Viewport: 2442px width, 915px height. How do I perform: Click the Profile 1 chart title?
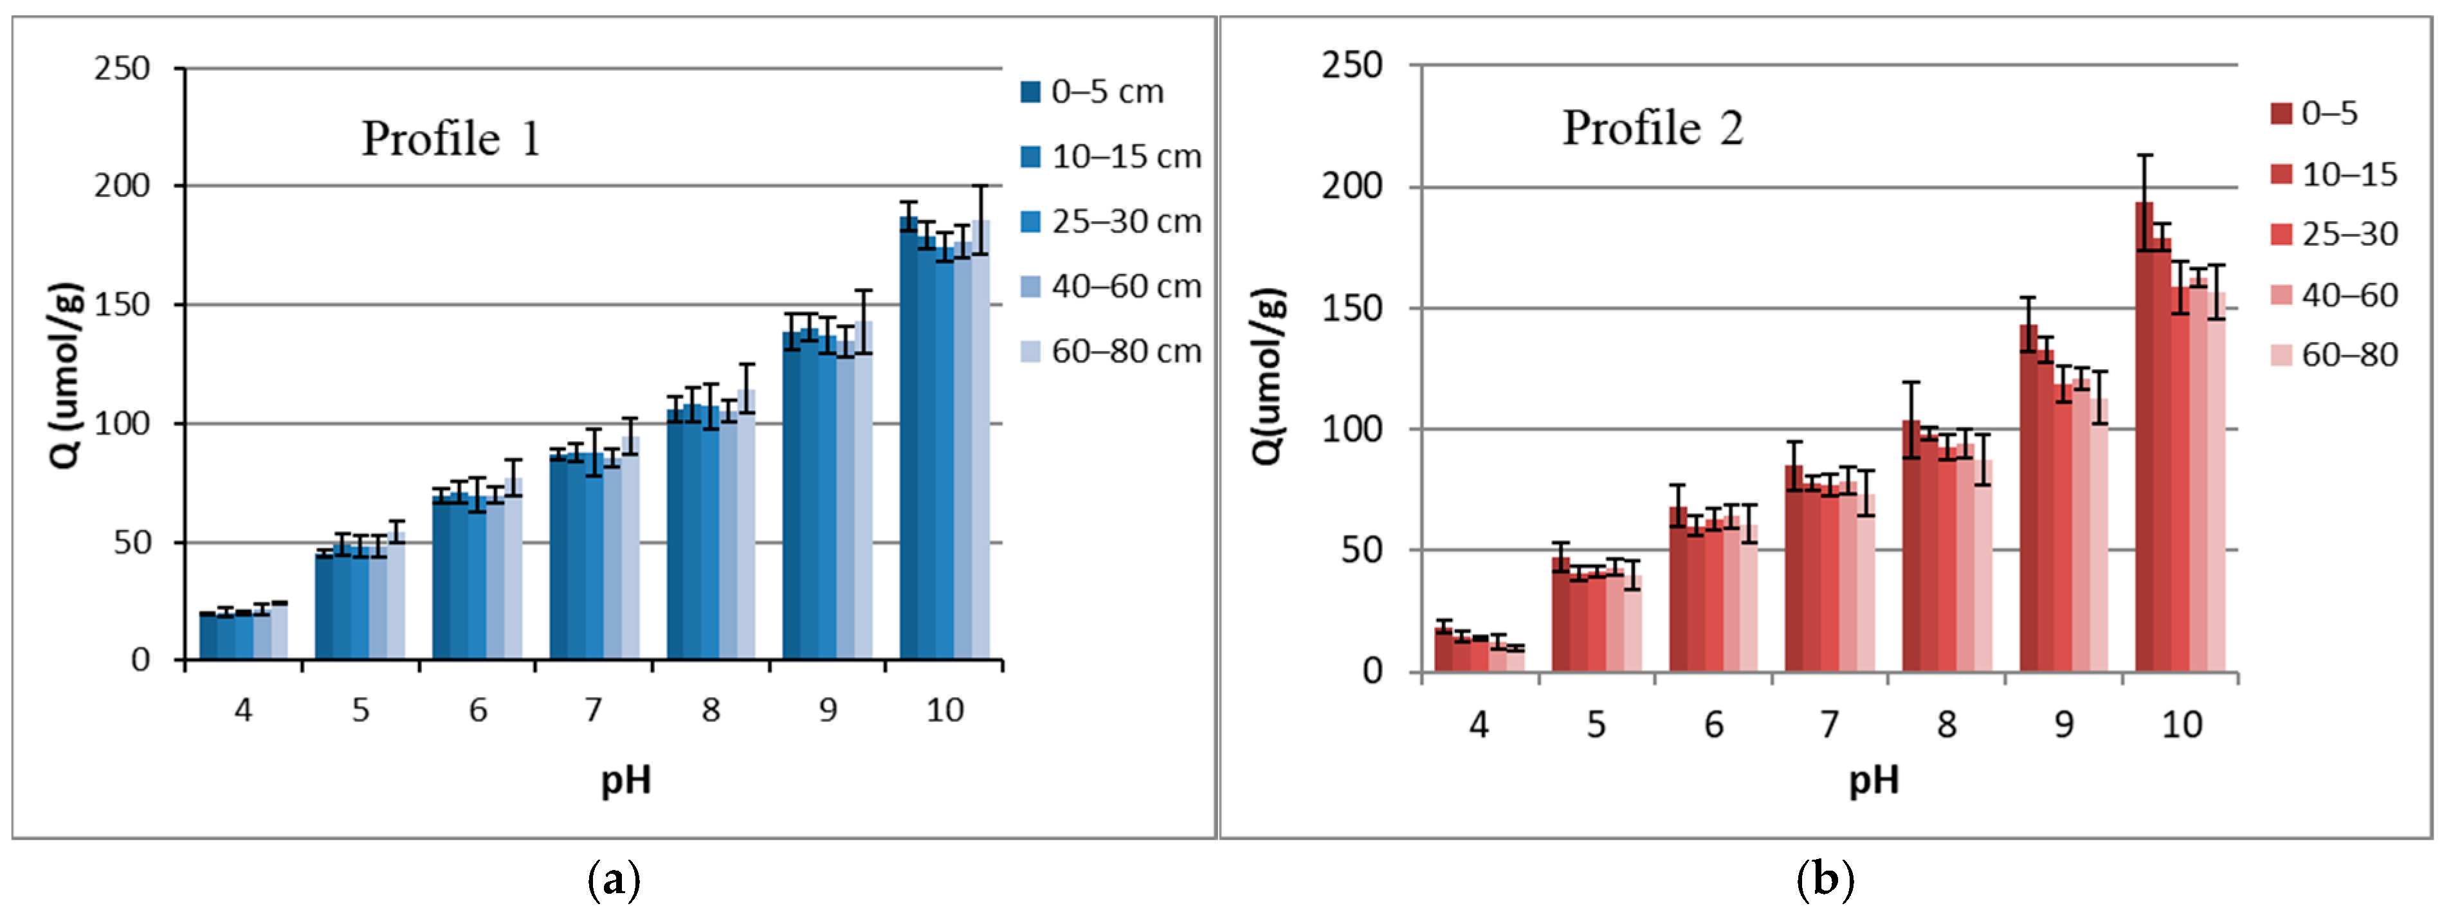[451, 140]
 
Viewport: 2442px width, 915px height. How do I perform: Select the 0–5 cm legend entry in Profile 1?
[1092, 92]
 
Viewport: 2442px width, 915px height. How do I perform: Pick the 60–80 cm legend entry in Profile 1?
[1110, 352]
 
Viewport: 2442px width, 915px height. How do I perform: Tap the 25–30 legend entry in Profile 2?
[2334, 234]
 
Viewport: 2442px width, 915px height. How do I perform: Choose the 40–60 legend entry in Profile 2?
[2334, 295]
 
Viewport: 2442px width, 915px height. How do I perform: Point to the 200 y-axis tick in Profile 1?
[122, 186]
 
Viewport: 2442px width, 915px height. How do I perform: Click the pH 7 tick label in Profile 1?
[594, 709]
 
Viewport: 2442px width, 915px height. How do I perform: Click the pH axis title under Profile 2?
[1873, 781]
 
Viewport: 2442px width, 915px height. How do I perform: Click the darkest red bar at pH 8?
[1911, 550]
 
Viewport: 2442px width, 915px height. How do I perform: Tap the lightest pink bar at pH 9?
[2099, 541]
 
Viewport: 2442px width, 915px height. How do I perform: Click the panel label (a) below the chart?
[614, 881]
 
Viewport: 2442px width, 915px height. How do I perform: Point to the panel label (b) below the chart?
[1825, 881]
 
